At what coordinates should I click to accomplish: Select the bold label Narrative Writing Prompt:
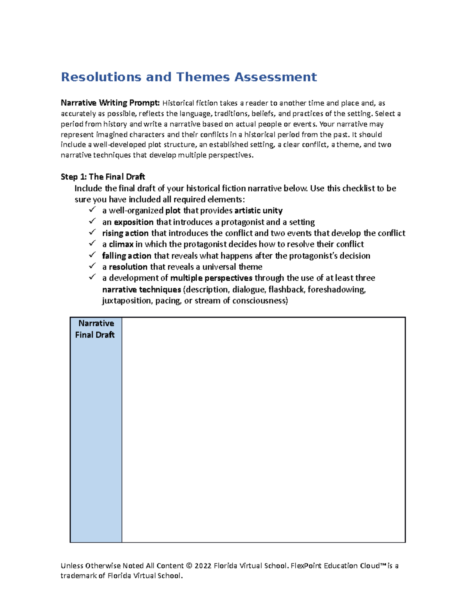[x=110, y=103]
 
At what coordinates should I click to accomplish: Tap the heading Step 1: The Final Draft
[x=103, y=177]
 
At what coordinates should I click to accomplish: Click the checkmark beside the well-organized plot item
[x=92, y=210]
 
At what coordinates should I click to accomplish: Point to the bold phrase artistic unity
[x=258, y=211]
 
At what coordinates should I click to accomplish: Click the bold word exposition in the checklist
[x=134, y=222]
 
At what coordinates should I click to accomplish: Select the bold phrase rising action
[x=125, y=233]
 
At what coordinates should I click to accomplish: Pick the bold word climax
[x=121, y=244]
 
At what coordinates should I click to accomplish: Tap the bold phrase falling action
[x=127, y=256]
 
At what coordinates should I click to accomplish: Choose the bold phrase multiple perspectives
[x=211, y=278]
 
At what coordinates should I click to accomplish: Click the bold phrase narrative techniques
[x=141, y=290]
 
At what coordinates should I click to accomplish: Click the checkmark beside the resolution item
[x=92, y=266]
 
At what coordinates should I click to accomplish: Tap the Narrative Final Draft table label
[x=96, y=329]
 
